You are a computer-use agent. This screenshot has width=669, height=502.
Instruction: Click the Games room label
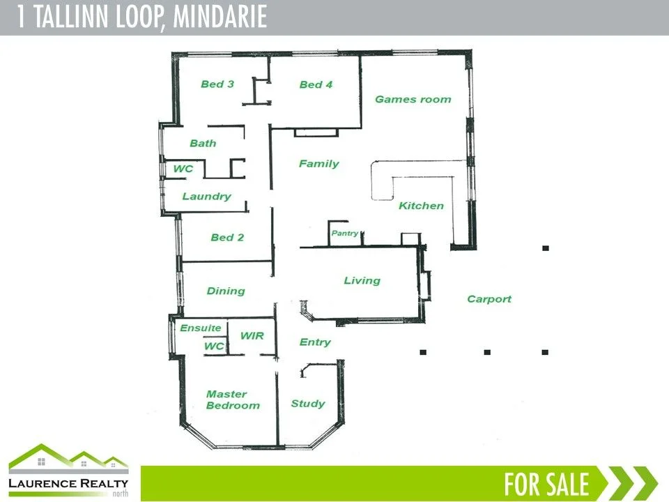413,99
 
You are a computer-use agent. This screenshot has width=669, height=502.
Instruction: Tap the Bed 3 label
217,84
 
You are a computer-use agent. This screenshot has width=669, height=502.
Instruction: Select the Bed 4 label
316,85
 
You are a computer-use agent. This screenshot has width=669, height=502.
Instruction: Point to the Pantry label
345,234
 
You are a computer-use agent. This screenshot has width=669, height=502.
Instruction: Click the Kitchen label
421,206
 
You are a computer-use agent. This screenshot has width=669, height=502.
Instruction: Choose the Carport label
489,299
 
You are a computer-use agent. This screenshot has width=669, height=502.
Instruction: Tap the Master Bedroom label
233,400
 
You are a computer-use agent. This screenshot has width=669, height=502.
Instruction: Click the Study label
307,403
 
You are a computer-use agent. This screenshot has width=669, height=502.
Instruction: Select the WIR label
252,335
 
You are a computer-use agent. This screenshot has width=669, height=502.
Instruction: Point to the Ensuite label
201,328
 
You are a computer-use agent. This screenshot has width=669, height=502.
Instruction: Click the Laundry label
206,197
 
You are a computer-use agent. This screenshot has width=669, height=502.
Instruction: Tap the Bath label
203,143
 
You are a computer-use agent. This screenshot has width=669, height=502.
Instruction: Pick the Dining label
226,291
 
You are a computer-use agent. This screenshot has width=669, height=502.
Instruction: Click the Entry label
315,342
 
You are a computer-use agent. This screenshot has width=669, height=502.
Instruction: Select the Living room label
362,280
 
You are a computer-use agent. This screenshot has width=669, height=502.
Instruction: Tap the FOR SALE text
547,483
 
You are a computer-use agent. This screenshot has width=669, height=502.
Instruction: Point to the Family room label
318,164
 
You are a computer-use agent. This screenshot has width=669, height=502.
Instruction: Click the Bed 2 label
227,237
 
